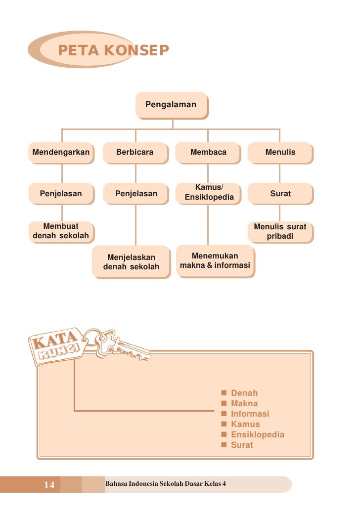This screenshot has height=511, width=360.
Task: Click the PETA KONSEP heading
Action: point(113,50)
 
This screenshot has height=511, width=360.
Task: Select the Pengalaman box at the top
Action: point(171,105)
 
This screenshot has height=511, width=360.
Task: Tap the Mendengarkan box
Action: point(61,152)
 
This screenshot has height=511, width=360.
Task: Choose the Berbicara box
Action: point(135,152)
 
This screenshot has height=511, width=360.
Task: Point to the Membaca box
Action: point(208,152)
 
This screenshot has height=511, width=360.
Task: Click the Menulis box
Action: point(280,152)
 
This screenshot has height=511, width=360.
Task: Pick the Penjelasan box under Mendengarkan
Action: point(61,194)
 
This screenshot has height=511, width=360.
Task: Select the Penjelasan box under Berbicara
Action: point(136,194)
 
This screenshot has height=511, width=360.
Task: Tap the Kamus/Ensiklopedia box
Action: point(209,193)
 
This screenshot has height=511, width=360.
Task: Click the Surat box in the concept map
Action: point(280,194)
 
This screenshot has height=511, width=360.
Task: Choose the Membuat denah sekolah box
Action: point(61,231)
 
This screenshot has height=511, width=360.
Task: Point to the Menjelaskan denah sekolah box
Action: point(131,262)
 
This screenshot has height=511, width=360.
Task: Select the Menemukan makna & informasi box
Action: point(215,261)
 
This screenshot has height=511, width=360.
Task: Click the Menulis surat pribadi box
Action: point(280,232)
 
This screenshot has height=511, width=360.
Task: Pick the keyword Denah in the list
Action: point(244,393)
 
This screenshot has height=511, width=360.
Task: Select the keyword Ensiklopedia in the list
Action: point(258,435)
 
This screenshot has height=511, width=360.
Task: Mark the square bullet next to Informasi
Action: point(224,414)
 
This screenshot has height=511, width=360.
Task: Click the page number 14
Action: point(49,485)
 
